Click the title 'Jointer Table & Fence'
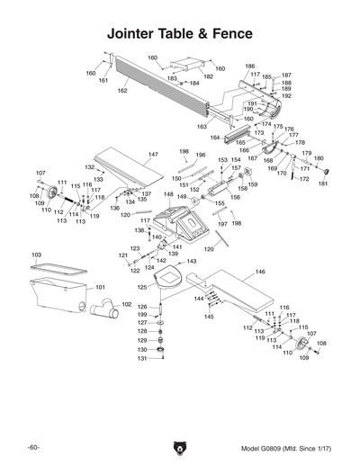coord(179,34)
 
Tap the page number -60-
coord(32,447)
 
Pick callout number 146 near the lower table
coord(259,271)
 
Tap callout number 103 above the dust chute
coord(36,256)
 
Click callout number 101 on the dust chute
coord(100,287)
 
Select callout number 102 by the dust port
coord(114,305)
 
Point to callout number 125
coord(141,287)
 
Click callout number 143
coord(192,261)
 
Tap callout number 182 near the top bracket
coord(208,77)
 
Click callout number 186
coord(249,67)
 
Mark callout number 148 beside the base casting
coord(168,194)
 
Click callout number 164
coord(214,138)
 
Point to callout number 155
coord(218,203)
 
